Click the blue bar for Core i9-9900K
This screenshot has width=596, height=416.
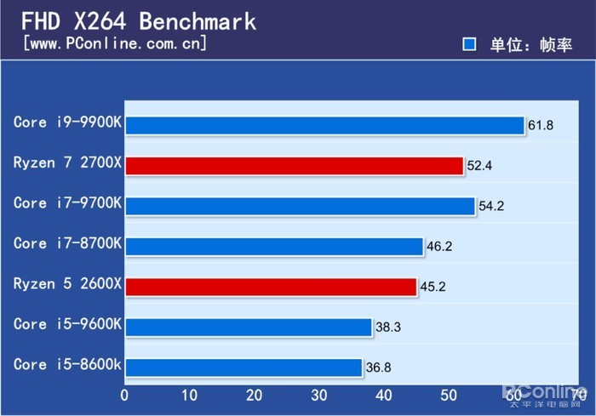(x=324, y=125)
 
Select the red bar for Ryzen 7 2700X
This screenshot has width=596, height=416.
(x=294, y=165)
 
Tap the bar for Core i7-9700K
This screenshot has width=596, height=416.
(x=300, y=206)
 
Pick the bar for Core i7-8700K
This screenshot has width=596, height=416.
(x=274, y=246)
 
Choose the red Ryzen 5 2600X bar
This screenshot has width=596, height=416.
(x=271, y=287)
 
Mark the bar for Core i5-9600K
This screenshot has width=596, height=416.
(x=249, y=327)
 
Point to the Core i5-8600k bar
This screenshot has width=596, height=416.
(x=244, y=368)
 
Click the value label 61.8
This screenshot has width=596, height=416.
(x=541, y=126)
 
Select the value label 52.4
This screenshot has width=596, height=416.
(x=479, y=166)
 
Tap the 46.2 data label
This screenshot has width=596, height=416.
(x=439, y=247)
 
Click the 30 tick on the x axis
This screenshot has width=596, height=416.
(x=319, y=395)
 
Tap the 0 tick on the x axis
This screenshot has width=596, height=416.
(x=125, y=395)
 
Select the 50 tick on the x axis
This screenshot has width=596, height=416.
(x=449, y=395)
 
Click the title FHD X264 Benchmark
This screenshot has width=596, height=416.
(x=137, y=20)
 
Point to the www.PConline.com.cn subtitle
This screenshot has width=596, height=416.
(x=114, y=43)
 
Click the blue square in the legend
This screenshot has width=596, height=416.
(x=468, y=44)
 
